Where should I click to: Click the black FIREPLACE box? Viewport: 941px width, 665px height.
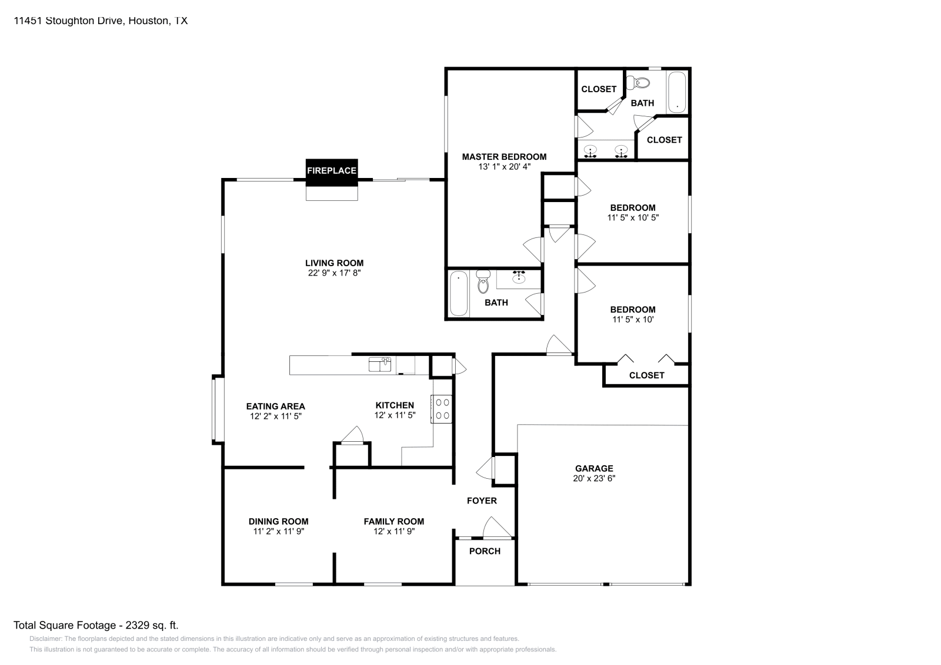click(332, 171)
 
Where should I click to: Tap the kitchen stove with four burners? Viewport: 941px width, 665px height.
click(442, 409)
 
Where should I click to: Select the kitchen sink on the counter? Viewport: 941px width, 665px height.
click(379, 365)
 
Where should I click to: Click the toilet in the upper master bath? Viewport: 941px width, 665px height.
click(641, 83)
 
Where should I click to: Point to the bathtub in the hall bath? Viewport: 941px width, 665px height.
click(459, 293)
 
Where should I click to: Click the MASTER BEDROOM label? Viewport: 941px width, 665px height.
click(504, 157)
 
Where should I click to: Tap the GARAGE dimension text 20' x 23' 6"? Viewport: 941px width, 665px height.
click(594, 478)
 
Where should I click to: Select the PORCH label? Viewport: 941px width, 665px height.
click(485, 551)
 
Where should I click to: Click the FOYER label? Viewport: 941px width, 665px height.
click(482, 501)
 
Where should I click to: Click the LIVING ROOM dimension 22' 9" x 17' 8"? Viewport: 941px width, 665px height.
click(334, 273)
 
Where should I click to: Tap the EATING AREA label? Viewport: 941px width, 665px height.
click(275, 406)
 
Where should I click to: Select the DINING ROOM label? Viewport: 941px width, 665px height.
click(278, 521)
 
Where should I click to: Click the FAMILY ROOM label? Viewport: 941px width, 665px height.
click(393, 521)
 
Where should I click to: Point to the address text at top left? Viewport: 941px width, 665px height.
click(101, 21)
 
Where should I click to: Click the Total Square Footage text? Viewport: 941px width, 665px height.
click(96, 625)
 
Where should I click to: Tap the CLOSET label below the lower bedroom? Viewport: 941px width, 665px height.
click(646, 375)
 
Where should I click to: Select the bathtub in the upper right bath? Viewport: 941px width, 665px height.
click(677, 92)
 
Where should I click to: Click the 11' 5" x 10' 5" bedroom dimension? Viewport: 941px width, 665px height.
click(633, 217)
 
